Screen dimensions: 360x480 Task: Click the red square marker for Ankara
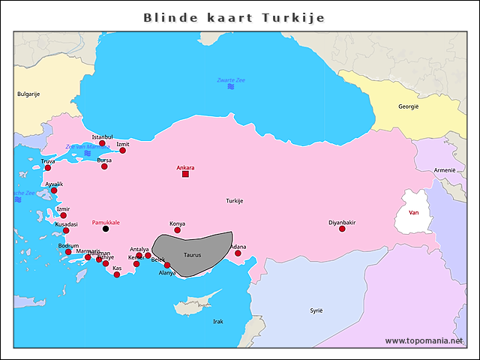185,174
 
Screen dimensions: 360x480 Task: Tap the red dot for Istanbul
103,143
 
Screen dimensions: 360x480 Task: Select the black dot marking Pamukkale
105,229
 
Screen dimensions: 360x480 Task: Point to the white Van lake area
413,211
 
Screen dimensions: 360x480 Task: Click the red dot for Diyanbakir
342,229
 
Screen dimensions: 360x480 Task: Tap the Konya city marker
178,230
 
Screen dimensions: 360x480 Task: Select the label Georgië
409,106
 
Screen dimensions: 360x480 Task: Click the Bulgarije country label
28,94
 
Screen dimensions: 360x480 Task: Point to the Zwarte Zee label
231,79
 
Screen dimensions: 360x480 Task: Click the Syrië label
316,310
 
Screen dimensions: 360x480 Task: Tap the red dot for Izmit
123,150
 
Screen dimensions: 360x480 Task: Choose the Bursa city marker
104,166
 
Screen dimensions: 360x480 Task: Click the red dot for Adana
238,253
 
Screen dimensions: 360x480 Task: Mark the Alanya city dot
167,265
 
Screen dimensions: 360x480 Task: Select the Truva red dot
48,167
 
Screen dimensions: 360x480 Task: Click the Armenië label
445,170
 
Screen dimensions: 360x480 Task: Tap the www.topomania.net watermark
424,340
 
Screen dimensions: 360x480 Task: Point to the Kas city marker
117,274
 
